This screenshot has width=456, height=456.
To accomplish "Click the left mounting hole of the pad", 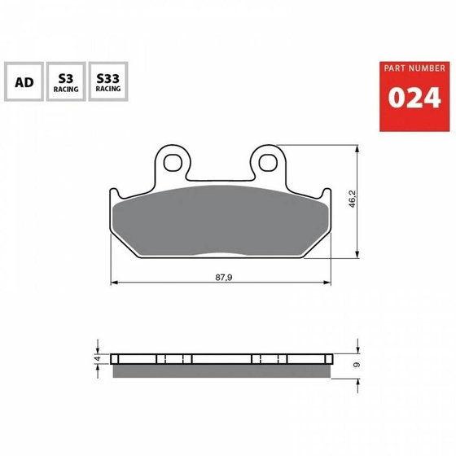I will pos(171,161).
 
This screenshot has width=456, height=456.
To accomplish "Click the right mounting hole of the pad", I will pos(267,161).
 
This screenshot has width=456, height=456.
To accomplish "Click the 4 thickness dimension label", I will pos(96,357).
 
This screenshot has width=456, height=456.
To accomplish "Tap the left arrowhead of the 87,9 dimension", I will pos(114,283).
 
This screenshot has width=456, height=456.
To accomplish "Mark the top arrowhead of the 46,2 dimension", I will pos(359,150).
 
